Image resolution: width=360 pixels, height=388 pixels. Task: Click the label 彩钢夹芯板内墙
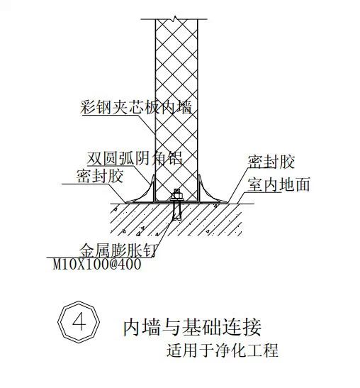136,107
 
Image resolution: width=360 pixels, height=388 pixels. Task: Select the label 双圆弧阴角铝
135,158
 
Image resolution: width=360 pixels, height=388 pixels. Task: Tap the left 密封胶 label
100,176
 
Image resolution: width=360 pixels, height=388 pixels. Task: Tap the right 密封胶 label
271,162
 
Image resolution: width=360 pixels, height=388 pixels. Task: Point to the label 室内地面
279,184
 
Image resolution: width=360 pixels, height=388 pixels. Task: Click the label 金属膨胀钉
118,250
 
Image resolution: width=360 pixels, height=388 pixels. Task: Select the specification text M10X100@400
97,264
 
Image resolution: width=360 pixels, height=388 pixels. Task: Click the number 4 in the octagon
79,322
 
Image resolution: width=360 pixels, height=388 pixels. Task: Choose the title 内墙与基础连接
192,327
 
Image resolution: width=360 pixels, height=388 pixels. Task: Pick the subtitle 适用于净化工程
223,350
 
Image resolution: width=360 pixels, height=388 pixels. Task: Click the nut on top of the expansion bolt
177,192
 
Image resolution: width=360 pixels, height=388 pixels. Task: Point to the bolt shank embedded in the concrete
177,210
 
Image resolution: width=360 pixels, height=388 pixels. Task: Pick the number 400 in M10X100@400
130,264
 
